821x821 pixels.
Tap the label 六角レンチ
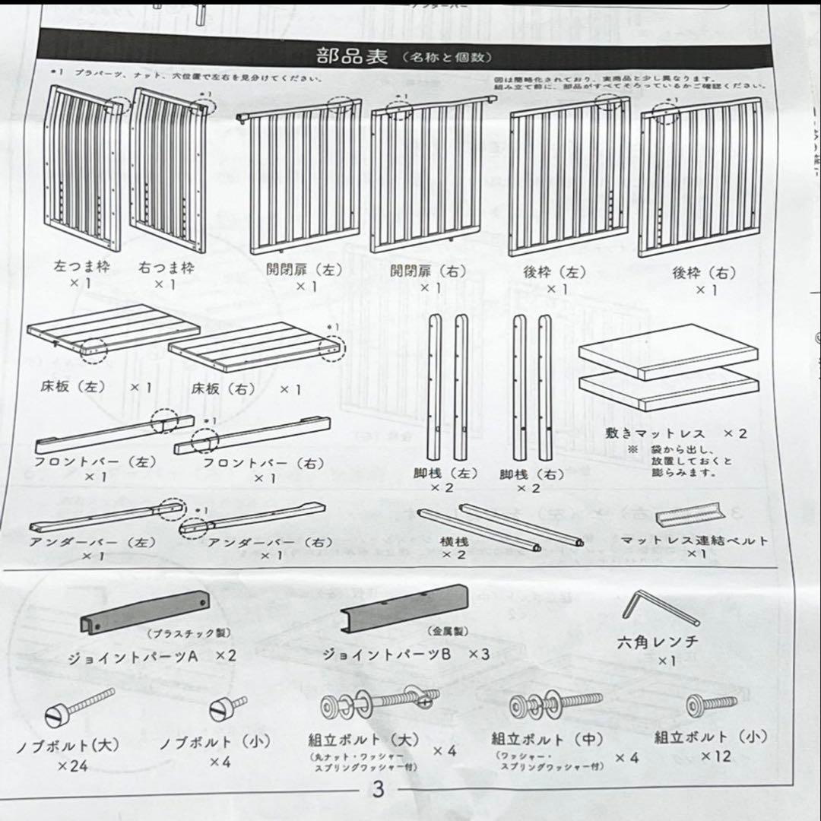658,642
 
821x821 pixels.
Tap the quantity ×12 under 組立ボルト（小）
715,756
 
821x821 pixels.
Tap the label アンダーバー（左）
94,543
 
